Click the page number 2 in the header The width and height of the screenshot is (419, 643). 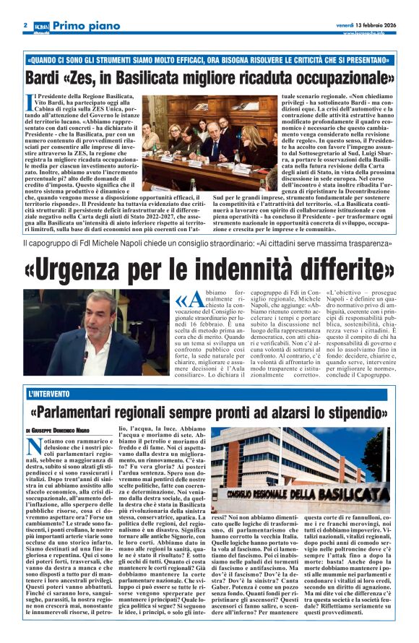(25, 24)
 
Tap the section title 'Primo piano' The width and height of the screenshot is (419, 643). (85, 25)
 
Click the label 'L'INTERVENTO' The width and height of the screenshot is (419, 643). (48, 394)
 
